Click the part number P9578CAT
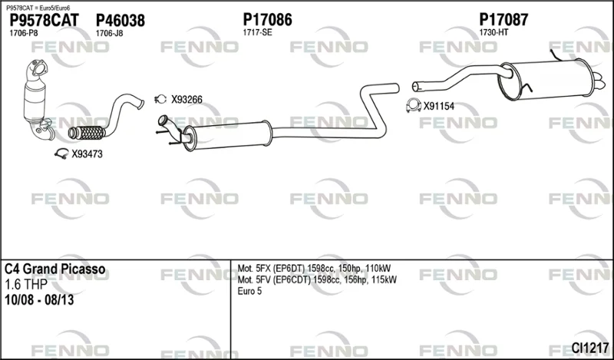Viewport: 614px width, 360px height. coord(44,20)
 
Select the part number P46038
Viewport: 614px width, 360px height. coord(120,20)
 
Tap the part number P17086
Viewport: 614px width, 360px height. coord(267,19)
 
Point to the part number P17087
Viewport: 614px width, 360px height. coord(503,19)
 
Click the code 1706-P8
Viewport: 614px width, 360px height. coord(24,33)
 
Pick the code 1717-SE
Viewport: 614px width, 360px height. coord(257,32)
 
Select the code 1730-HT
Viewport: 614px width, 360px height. coord(494,32)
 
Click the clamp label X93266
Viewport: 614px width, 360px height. coord(187,100)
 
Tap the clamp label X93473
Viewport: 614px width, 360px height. coord(87,154)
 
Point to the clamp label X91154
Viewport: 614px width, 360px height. coord(438,106)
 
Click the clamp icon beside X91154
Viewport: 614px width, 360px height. coord(414,105)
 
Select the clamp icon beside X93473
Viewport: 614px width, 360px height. coord(61,154)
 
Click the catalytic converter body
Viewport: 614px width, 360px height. coord(35,100)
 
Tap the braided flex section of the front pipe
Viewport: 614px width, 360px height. coord(87,134)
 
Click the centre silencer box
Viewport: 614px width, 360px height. coord(227,136)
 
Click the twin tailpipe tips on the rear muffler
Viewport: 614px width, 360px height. coord(598,80)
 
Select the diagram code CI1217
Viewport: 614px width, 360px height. coord(589,348)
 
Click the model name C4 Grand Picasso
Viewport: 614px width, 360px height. coord(54,269)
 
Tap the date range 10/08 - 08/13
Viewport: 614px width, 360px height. coord(39,300)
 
